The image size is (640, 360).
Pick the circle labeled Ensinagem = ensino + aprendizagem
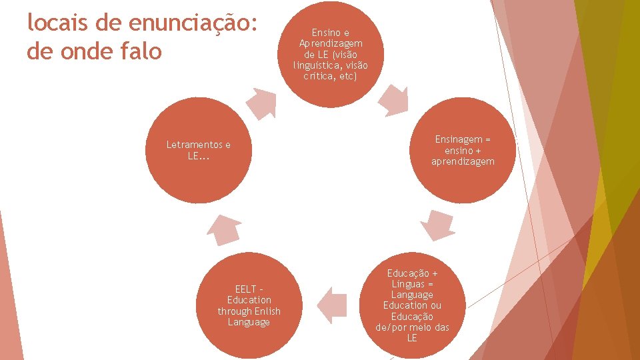[463, 151]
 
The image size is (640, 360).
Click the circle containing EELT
[249, 306]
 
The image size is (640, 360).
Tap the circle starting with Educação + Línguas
[412, 306]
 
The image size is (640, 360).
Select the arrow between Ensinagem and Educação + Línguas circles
[439, 226]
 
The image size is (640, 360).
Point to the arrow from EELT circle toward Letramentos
[223, 229]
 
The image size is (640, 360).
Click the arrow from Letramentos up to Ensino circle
[261, 103]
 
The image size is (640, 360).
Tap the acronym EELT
[245, 289]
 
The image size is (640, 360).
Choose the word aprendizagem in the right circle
[463, 161]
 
